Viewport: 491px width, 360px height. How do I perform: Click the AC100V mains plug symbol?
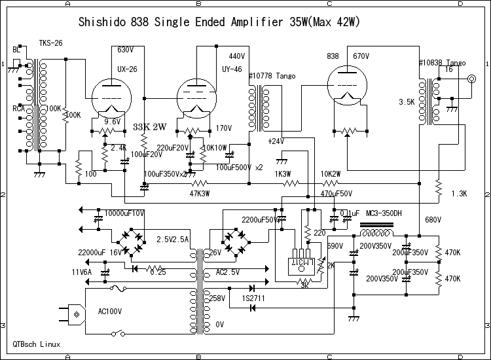tap(76, 315)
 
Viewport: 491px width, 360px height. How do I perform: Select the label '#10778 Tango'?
tap(272, 77)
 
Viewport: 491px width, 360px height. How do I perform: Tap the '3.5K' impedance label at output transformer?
tap(407, 103)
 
